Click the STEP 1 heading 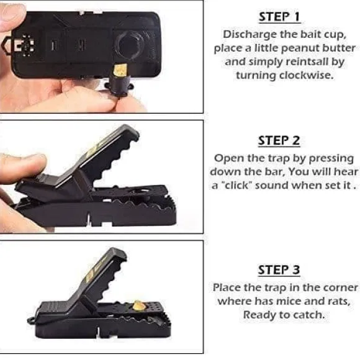(x=279, y=17)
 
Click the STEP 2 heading (x=279, y=140)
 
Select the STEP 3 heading (x=279, y=270)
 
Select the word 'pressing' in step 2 (x=331, y=159)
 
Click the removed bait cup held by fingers (x=120, y=81)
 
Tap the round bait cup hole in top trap (x=130, y=45)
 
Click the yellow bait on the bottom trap (x=137, y=306)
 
